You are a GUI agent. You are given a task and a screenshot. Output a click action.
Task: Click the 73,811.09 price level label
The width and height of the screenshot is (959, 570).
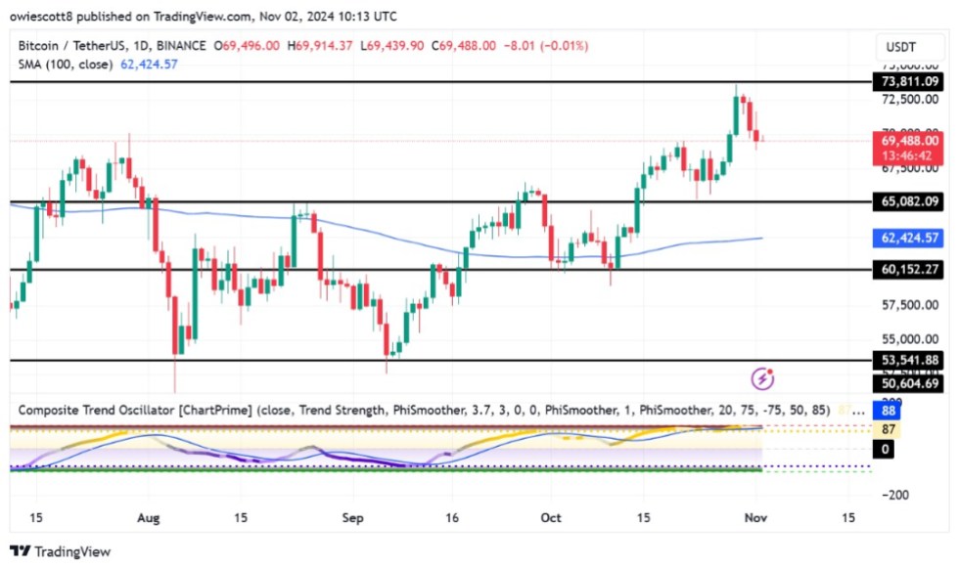coord(908,82)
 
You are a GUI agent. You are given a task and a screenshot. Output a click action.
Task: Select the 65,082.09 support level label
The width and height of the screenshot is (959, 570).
coord(908,201)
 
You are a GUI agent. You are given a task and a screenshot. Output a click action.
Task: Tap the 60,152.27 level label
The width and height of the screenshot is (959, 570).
coord(908,269)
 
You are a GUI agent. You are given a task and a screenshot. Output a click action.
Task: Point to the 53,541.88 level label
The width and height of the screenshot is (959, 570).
coord(908,361)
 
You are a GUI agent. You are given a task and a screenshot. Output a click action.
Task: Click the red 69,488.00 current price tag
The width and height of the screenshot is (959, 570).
coord(908,140)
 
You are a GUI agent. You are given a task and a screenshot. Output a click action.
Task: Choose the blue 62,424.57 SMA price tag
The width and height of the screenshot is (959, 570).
coord(908,238)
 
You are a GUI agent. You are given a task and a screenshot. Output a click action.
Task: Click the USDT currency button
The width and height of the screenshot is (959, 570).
coord(899,47)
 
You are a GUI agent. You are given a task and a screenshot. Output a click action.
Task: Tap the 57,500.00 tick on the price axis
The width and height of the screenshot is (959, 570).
coord(908,305)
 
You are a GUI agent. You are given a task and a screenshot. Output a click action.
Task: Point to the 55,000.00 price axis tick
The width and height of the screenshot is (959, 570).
coord(908,339)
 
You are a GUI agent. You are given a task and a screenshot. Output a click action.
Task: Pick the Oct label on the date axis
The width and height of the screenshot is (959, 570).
coord(551,518)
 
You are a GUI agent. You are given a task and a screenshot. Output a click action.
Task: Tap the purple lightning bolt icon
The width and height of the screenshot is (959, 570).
coord(762,378)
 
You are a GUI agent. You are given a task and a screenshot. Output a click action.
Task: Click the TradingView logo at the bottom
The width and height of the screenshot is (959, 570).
coord(61,551)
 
